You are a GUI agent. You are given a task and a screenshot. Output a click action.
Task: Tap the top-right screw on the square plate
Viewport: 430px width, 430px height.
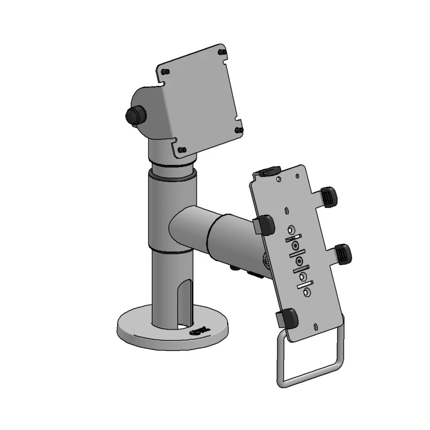pyautogui.click(x=222, y=52)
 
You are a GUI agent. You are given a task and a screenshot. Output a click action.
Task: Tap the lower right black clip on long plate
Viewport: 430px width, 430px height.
pyautogui.click(x=342, y=253)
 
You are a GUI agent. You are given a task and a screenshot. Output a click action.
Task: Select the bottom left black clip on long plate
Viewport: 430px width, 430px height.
pyautogui.click(x=288, y=318)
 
